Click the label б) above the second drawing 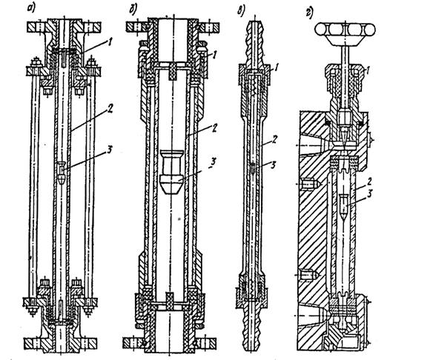pos(133,9)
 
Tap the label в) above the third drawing pos(241,12)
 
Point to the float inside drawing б pos(172,172)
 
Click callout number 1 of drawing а pos(110,42)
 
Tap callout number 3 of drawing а pos(109,150)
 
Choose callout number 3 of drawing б pos(213,161)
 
